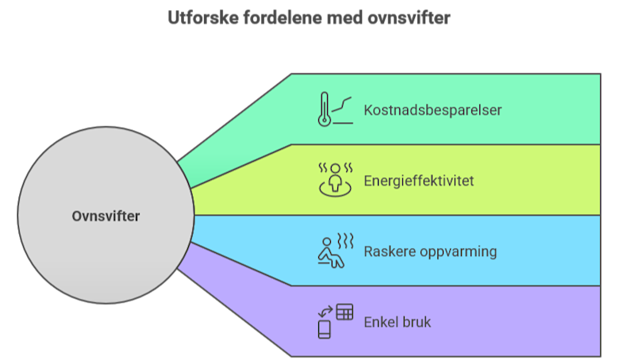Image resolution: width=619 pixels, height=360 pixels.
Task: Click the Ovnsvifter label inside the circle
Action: pos(106,216)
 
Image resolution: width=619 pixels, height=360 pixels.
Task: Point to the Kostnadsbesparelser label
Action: pos(433,110)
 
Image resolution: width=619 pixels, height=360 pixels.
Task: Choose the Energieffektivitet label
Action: pos(419,181)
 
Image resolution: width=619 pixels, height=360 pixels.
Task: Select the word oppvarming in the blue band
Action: pos(458,251)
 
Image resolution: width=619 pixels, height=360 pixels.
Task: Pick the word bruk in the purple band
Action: pos(417,322)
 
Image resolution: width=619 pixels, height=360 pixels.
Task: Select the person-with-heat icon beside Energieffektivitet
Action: pos(334,180)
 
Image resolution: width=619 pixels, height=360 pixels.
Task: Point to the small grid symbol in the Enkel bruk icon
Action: pos(344,312)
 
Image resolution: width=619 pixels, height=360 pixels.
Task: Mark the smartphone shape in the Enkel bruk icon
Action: pos(324,329)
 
